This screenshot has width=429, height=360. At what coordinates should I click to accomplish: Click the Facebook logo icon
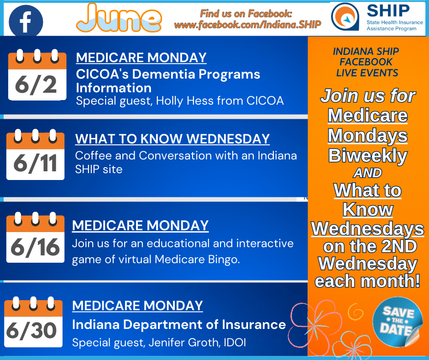point(26,21)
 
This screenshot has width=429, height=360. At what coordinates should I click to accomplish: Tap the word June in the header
point(119,18)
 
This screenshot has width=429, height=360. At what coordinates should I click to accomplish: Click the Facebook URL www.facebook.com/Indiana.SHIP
point(248,25)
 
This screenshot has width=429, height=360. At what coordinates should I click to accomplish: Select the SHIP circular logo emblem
point(345,16)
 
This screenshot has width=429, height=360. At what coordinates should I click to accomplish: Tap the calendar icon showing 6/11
point(35,154)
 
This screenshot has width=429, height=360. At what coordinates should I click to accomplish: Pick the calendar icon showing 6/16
point(35,237)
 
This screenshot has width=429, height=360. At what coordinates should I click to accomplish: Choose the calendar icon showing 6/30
point(33,322)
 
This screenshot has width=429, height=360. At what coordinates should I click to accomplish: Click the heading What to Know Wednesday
point(173,138)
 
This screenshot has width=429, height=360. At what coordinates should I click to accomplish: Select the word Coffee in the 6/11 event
point(93,155)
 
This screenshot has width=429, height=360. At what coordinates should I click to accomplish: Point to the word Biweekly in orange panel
point(368,156)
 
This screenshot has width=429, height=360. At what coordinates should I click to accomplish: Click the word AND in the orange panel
point(367,173)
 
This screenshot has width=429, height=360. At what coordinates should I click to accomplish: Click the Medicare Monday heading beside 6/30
point(137,306)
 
